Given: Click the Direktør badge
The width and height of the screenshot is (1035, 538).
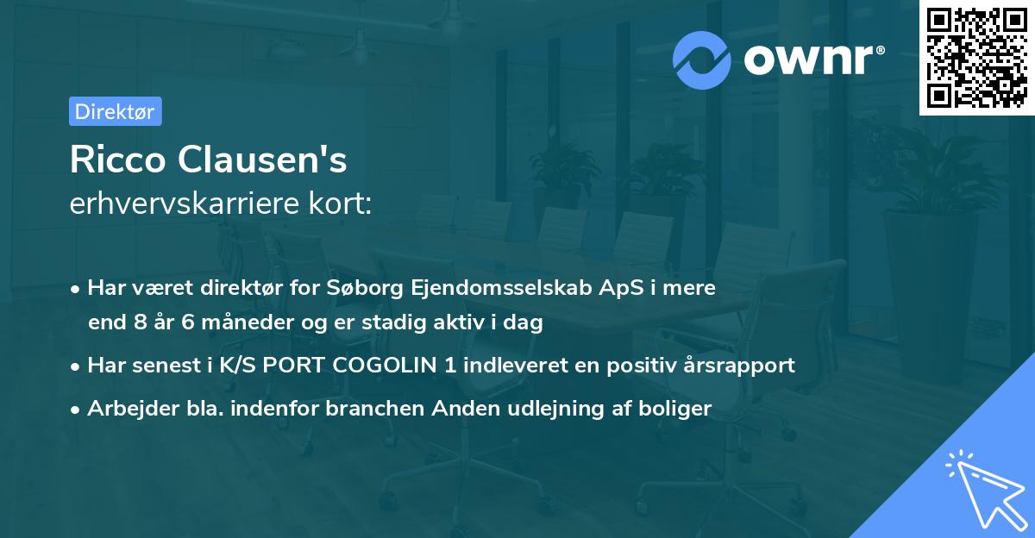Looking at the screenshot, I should [115, 111].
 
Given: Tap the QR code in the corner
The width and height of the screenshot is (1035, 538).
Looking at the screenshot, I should [975, 57].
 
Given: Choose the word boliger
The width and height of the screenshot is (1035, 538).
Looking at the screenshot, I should [679, 409].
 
